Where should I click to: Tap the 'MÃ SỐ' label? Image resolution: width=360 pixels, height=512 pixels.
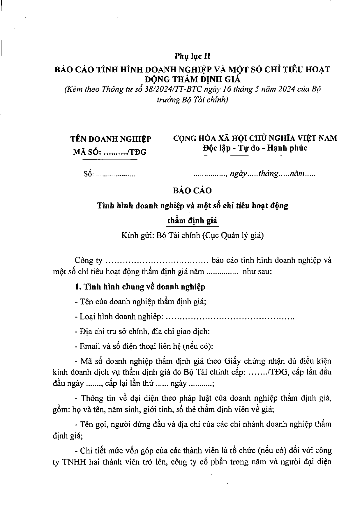[x=87, y=152]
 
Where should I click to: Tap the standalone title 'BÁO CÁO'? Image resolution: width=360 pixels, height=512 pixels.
[x=192, y=191]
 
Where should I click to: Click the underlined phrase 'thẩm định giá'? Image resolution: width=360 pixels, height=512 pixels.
[x=192, y=220]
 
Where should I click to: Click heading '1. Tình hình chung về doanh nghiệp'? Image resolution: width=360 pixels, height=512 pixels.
[x=140, y=287]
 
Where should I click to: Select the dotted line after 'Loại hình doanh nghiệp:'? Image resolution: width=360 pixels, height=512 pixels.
[x=230, y=317]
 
